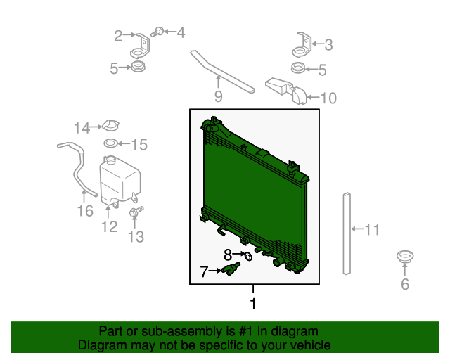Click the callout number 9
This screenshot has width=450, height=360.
tap(218, 96)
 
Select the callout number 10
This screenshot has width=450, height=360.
tap(328, 98)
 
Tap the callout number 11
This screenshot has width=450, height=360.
tap(372, 230)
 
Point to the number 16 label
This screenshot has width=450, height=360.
tap(85, 211)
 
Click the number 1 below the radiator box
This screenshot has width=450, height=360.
tap(253, 304)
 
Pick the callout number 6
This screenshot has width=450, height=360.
tap(405, 284)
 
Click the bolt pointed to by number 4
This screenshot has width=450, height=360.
tap(157, 32)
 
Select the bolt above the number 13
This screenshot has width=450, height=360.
tap(136, 212)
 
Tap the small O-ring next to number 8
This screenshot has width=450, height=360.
tap(248, 257)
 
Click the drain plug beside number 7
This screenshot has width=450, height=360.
tap(230, 269)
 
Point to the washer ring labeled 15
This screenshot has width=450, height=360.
tap(110, 143)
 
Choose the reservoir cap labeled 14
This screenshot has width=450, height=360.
tap(110, 125)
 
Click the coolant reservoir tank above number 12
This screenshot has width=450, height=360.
tap(120, 181)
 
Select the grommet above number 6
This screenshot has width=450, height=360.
tap(405, 257)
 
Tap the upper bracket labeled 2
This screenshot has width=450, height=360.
tap(141, 46)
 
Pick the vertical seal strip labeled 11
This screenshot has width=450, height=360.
tap(347, 233)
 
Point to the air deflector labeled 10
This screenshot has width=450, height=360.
tap(286, 91)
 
